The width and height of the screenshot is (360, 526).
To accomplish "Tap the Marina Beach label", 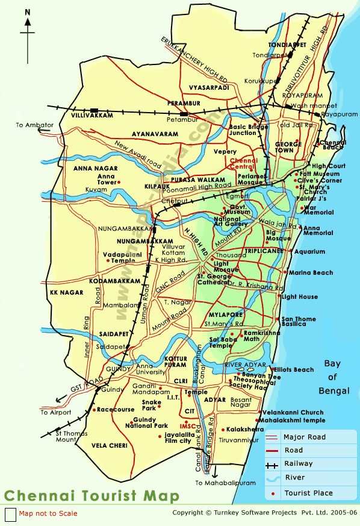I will (x=311, y=273).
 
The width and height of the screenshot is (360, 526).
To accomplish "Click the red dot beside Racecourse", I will (x=95, y=410).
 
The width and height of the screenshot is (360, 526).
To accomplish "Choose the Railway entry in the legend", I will (x=299, y=464).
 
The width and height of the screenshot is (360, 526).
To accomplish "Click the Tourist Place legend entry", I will (x=309, y=493).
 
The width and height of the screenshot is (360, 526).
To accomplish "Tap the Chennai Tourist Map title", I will (x=92, y=496).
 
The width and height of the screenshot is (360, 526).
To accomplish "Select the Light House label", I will (x=299, y=297).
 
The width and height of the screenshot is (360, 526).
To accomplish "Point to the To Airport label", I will (x=56, y=413).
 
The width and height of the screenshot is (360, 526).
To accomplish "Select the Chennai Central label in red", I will (x=244, y=164).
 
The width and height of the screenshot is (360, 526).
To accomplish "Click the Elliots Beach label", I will (x=295, y=370).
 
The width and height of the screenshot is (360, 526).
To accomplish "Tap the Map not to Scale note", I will (x=48, y=513).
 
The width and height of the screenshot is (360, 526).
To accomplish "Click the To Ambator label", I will (x=35, y=125).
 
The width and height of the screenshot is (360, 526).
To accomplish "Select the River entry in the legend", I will (x=294, y=478).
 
